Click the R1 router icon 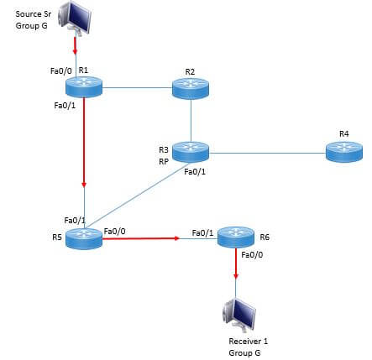tap(84, 87)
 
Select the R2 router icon tap(191, 89)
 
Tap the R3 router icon tap(191, 152)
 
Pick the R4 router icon tap(344, 152)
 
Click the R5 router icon tap(84, 238)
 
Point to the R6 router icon tap(236, 237)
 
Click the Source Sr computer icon tap(75, 17)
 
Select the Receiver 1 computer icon tap(238, 315)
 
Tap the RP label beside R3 tap(164, 161)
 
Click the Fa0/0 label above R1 tap(61, 71)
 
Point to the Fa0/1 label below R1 tap(65, 106)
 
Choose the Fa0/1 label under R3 tap(195, 172)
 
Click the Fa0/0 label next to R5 tap(114, 232)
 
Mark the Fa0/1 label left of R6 tap(202, 232)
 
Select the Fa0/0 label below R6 tap(252, 255)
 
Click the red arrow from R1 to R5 tap(84, 142)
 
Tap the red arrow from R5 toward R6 tap(140, 238)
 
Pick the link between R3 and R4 tap(267, 154)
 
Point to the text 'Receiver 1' tap(249, 342)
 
